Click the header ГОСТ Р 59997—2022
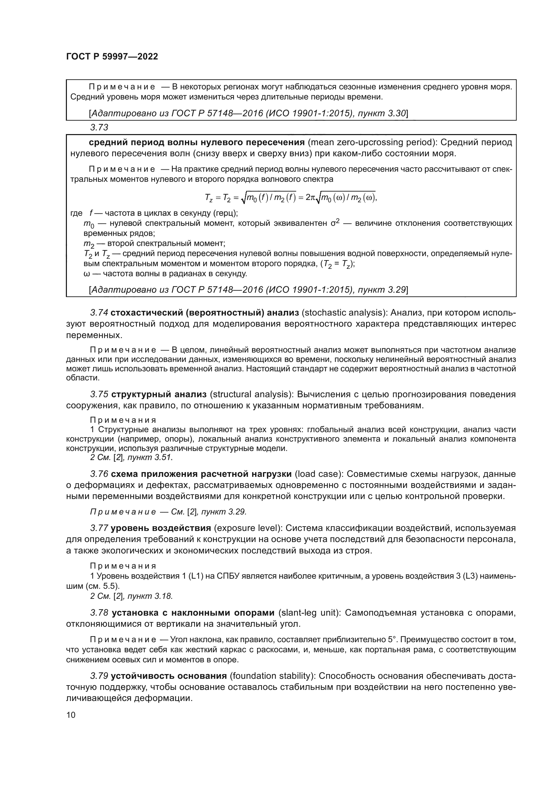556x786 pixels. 112,56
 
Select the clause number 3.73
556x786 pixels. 99,128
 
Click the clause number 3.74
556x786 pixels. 99,313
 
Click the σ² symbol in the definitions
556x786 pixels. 335,223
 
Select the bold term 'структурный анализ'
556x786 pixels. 159,394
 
